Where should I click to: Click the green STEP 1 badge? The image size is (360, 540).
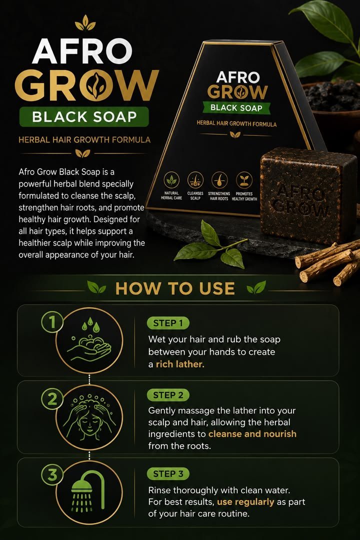[168, 323]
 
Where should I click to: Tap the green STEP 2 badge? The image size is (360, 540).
[168, 395]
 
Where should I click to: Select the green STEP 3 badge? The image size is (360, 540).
[168, 474]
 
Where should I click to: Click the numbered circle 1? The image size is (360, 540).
[52, 322]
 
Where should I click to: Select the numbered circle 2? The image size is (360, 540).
[52, 399]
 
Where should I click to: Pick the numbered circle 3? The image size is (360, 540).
[52, 475]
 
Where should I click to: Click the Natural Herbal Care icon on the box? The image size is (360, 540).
[171, 179]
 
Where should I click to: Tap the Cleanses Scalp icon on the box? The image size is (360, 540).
[195, 179]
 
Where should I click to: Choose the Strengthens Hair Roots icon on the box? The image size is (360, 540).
[219, 179]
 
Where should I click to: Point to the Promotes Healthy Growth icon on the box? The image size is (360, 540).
[244, 180]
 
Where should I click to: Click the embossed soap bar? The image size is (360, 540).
[308, 194]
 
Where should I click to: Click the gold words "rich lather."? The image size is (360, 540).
[180, 364]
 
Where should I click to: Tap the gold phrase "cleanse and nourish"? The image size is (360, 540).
[252, 433]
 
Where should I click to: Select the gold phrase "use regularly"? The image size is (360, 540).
[245, 502]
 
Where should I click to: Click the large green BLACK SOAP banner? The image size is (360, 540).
[84, 116]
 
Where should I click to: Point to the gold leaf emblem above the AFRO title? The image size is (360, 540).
[85, 22]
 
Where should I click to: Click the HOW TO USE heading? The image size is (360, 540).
[175, 288]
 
